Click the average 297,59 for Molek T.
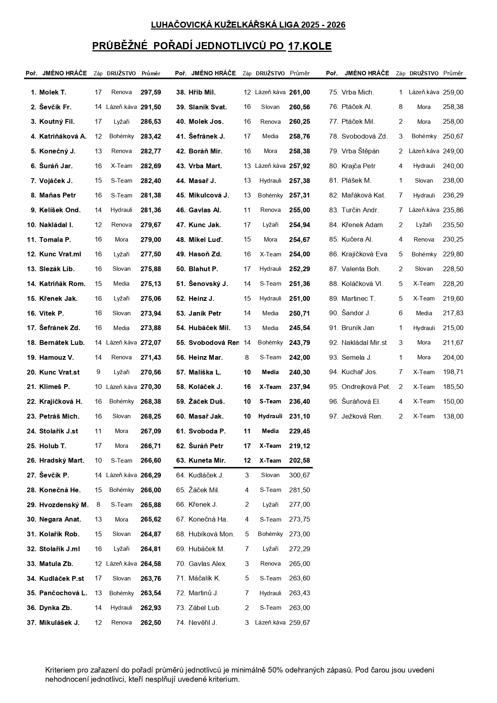tap(151, 93)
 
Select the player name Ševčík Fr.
tap(55, 107)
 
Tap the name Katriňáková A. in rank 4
tap(62, 137)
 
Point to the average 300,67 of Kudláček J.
tap(299, 475)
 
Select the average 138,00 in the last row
tap(453, 417)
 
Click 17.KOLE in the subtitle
tap(310, 46)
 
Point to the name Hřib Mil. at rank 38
tap(202, 93)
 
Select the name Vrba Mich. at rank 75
tap(358, 93)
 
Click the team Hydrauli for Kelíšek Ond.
tap(121, 210)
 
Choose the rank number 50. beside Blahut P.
tap(181, 269)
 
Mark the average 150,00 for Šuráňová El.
tap(453, 402)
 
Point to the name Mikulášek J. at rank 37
tap(59, 623)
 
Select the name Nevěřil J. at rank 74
tap(203, 623)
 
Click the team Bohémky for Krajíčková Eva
tap(424, 254)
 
